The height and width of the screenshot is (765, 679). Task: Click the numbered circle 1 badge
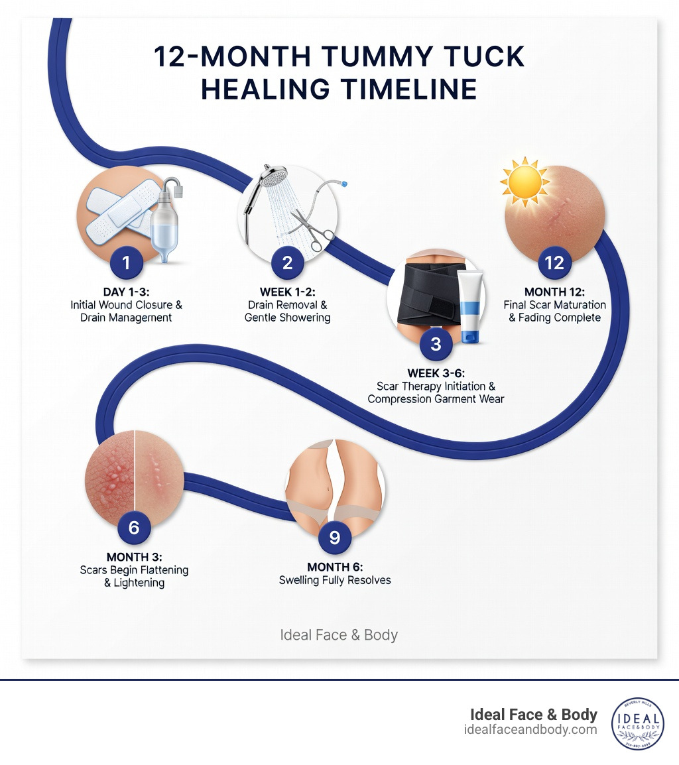coord(126,263)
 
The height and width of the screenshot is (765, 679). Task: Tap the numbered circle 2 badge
coord(287,263)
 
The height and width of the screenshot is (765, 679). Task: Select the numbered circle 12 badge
coord(554,263)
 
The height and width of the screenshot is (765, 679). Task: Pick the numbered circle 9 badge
coord(334,537)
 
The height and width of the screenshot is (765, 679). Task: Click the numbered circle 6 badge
coord(134,528)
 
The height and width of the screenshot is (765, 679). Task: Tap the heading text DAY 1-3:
coord(126,292)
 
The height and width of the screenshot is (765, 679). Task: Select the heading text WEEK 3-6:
coord(436,372)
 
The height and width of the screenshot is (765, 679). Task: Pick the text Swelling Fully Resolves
coord(335,580)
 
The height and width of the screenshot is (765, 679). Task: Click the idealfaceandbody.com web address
coord(530,730)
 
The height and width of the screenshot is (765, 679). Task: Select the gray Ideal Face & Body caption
coord(339,635)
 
